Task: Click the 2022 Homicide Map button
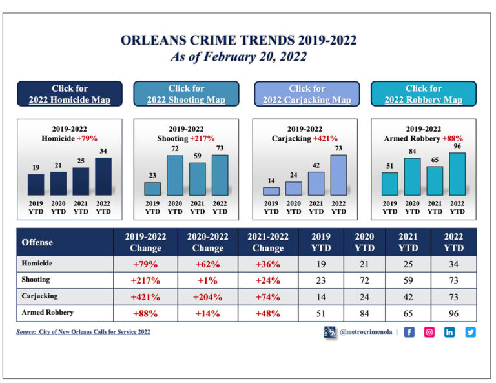69,94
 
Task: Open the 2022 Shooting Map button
186,94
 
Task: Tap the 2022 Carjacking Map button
307,94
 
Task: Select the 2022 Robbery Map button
424,94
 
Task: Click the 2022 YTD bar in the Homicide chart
103,176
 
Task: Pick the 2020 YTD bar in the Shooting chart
175,175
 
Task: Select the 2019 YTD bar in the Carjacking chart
271,191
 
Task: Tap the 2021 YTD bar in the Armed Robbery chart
435,181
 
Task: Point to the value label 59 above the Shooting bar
198,156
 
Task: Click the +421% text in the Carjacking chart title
325,138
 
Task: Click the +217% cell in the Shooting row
145,280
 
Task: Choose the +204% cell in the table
207,297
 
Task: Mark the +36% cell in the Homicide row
268,264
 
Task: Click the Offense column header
37,242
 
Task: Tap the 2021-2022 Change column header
268,242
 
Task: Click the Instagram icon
429,332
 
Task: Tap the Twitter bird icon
470,332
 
